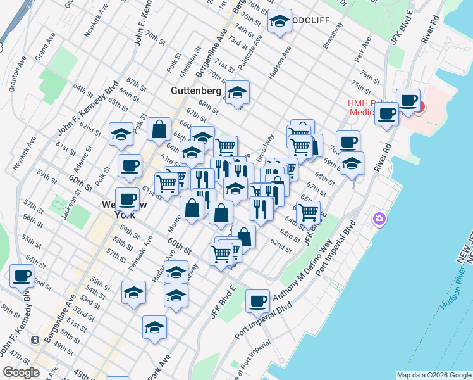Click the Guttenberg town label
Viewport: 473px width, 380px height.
(195, 91)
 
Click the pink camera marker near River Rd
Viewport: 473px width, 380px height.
(379, 219)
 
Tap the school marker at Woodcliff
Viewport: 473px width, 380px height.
(279, 22)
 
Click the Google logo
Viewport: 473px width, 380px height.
(21, 372)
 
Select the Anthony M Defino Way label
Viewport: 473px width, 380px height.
(302, 269)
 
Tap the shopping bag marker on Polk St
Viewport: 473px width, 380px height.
(159, 129)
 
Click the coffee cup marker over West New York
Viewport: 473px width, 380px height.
(127, 199)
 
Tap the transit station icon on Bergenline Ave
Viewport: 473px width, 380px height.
(35, 340)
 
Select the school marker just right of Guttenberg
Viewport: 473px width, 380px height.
(237, 92)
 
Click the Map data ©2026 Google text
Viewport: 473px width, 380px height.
(434, 375)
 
